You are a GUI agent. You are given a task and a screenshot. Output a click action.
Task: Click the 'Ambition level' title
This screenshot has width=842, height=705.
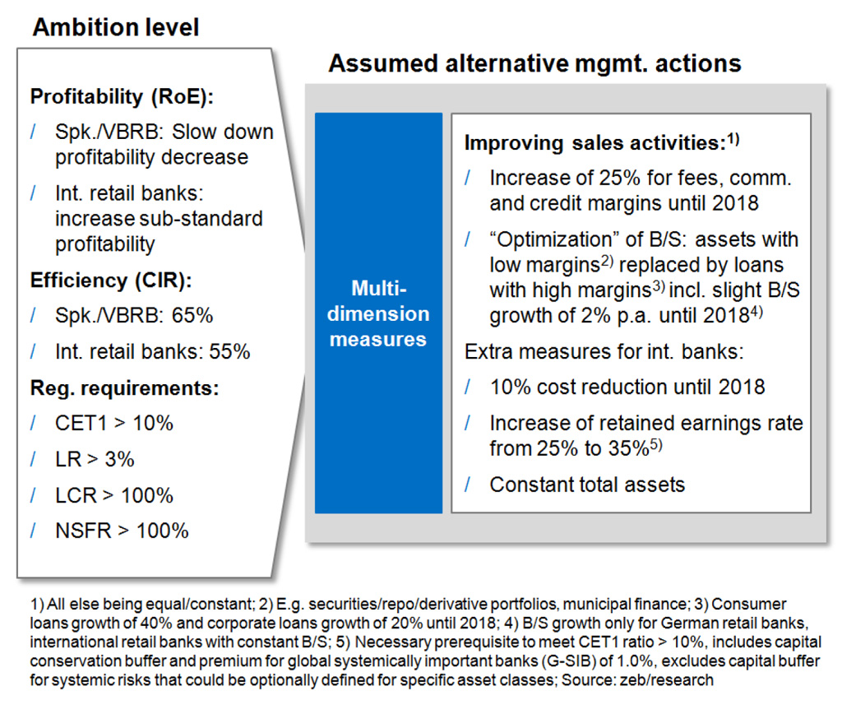(x=115, y=27)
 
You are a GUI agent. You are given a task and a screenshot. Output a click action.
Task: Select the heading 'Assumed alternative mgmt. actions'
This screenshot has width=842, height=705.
(x=534, y=63)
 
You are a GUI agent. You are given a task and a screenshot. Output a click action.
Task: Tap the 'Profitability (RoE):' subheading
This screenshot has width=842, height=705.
(x=122, y=97)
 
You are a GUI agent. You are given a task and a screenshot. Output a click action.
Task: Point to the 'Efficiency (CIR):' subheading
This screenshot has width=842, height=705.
(x=111, y=281)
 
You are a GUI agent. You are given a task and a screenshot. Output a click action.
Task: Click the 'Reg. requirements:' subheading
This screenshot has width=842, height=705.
(x=125, y=388)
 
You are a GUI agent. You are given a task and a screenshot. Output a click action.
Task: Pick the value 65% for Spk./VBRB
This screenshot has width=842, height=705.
(x=192, y=315)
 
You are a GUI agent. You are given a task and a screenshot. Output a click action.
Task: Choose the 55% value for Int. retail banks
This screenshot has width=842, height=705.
(x=229, y=351)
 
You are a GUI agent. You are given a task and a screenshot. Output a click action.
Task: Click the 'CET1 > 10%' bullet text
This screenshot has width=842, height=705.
(x=113, y=424)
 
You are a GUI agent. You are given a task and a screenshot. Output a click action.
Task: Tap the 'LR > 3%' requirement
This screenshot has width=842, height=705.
(x=95, y=459)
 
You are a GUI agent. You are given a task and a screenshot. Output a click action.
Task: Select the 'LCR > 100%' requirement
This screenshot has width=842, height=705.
(x=113, y=495)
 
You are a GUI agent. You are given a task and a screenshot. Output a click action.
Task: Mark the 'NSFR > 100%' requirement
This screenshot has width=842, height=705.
(x=122, y=531)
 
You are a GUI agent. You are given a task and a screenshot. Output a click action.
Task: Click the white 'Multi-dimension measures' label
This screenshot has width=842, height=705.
(x=378, y=313)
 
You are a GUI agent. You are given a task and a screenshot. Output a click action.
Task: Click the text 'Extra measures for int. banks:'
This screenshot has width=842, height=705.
(x=604, y=351)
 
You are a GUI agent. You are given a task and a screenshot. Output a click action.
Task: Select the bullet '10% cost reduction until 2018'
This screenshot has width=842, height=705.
(x=627, y=387)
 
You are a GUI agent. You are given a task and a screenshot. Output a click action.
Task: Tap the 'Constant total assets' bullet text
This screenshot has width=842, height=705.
(x=587, y=485)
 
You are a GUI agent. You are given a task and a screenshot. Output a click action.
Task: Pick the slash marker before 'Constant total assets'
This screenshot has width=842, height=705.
(x=468, y=485)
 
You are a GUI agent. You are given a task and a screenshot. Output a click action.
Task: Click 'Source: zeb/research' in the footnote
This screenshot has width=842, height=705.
(x=637, y=680)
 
